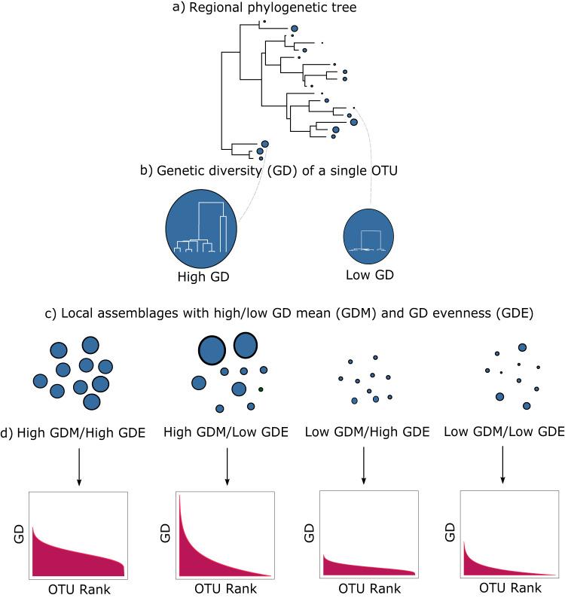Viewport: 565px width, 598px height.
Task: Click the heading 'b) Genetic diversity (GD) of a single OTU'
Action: coord(284,171)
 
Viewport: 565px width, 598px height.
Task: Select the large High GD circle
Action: coord(201,226)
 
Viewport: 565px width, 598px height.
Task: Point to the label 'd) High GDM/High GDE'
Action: coord(72,432)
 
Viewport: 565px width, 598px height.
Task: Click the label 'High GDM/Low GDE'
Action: coord(227,432)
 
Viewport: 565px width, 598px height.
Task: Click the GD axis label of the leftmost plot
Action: coord(17,534)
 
